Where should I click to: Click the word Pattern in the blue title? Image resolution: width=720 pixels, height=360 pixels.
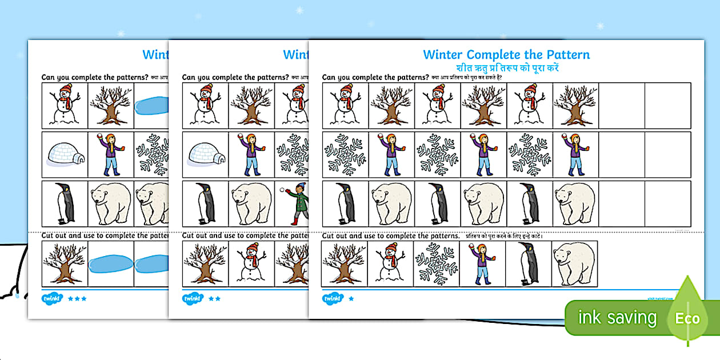click(563, 55)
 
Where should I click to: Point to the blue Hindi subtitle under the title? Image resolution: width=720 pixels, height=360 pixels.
click(506, 67)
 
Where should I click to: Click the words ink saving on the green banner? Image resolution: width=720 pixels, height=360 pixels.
click(617, 318)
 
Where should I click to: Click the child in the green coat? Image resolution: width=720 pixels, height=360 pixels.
click(295, 203)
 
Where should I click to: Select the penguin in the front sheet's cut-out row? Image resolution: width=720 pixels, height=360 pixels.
click(529, 264)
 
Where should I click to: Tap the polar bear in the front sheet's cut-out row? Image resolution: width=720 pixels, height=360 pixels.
click(575, 264)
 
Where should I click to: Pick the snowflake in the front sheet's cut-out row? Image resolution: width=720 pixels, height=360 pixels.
click(437, 264)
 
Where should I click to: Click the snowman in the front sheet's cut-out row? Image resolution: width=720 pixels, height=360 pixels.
click(390, 264)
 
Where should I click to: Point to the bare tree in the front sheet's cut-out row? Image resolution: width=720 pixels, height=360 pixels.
click(344, 264)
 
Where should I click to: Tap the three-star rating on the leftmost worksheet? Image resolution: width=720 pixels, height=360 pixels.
click(77, 298)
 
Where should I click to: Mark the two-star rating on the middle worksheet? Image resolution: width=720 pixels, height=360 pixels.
click(214, 298)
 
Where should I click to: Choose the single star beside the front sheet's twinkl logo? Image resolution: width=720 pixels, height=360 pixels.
click(351, 298)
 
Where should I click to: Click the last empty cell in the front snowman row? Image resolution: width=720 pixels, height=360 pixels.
click(667, 105)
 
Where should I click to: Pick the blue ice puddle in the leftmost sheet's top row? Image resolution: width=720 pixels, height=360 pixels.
click(152, 106)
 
